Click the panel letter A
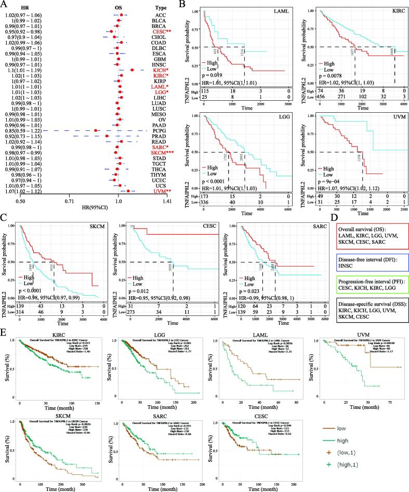click(x=5, y=4)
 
